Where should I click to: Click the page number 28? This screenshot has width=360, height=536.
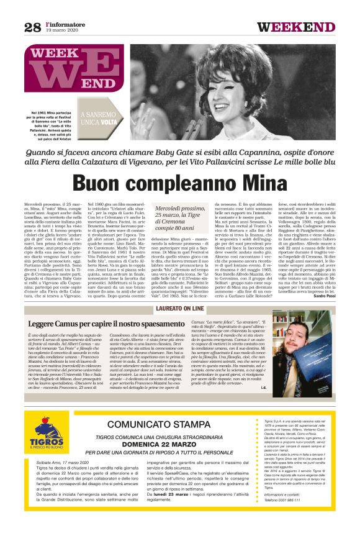[x=32, y=27]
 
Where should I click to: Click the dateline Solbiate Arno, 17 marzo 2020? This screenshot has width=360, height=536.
[x=70, y=480]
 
